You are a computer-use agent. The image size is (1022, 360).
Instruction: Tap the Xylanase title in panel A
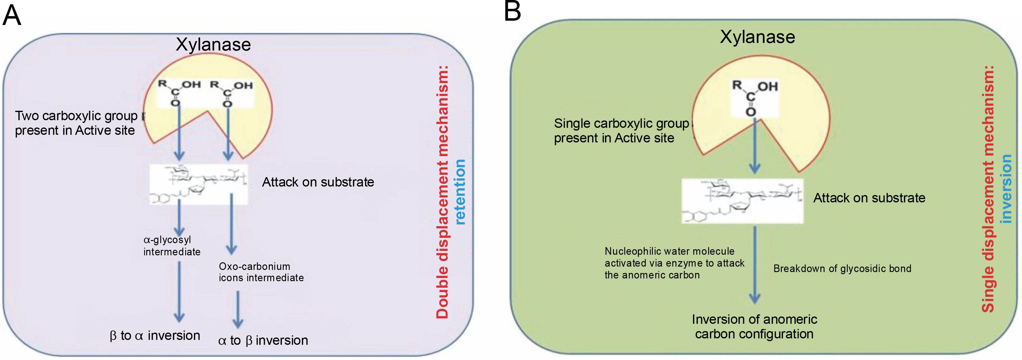pos(213,44)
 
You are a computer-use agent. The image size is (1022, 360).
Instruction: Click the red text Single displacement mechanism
pos(988,189)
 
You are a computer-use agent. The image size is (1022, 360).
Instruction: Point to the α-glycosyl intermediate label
pos(171,246)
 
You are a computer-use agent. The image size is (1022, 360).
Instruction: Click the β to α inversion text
pos(155,336)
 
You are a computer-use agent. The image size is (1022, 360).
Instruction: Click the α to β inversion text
pos(263,341)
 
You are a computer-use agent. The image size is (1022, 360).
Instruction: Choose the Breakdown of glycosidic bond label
pos(842,269)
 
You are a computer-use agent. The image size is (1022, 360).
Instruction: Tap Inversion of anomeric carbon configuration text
pos(754,327)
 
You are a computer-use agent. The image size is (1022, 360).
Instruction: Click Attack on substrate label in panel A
pos(318,182)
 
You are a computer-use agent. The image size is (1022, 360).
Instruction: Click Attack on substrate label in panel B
pos(869,198)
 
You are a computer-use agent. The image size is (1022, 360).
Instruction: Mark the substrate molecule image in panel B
pos(742,201)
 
